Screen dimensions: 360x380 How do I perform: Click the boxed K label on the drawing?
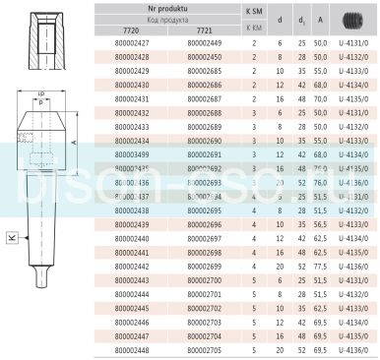pos(10,237)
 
